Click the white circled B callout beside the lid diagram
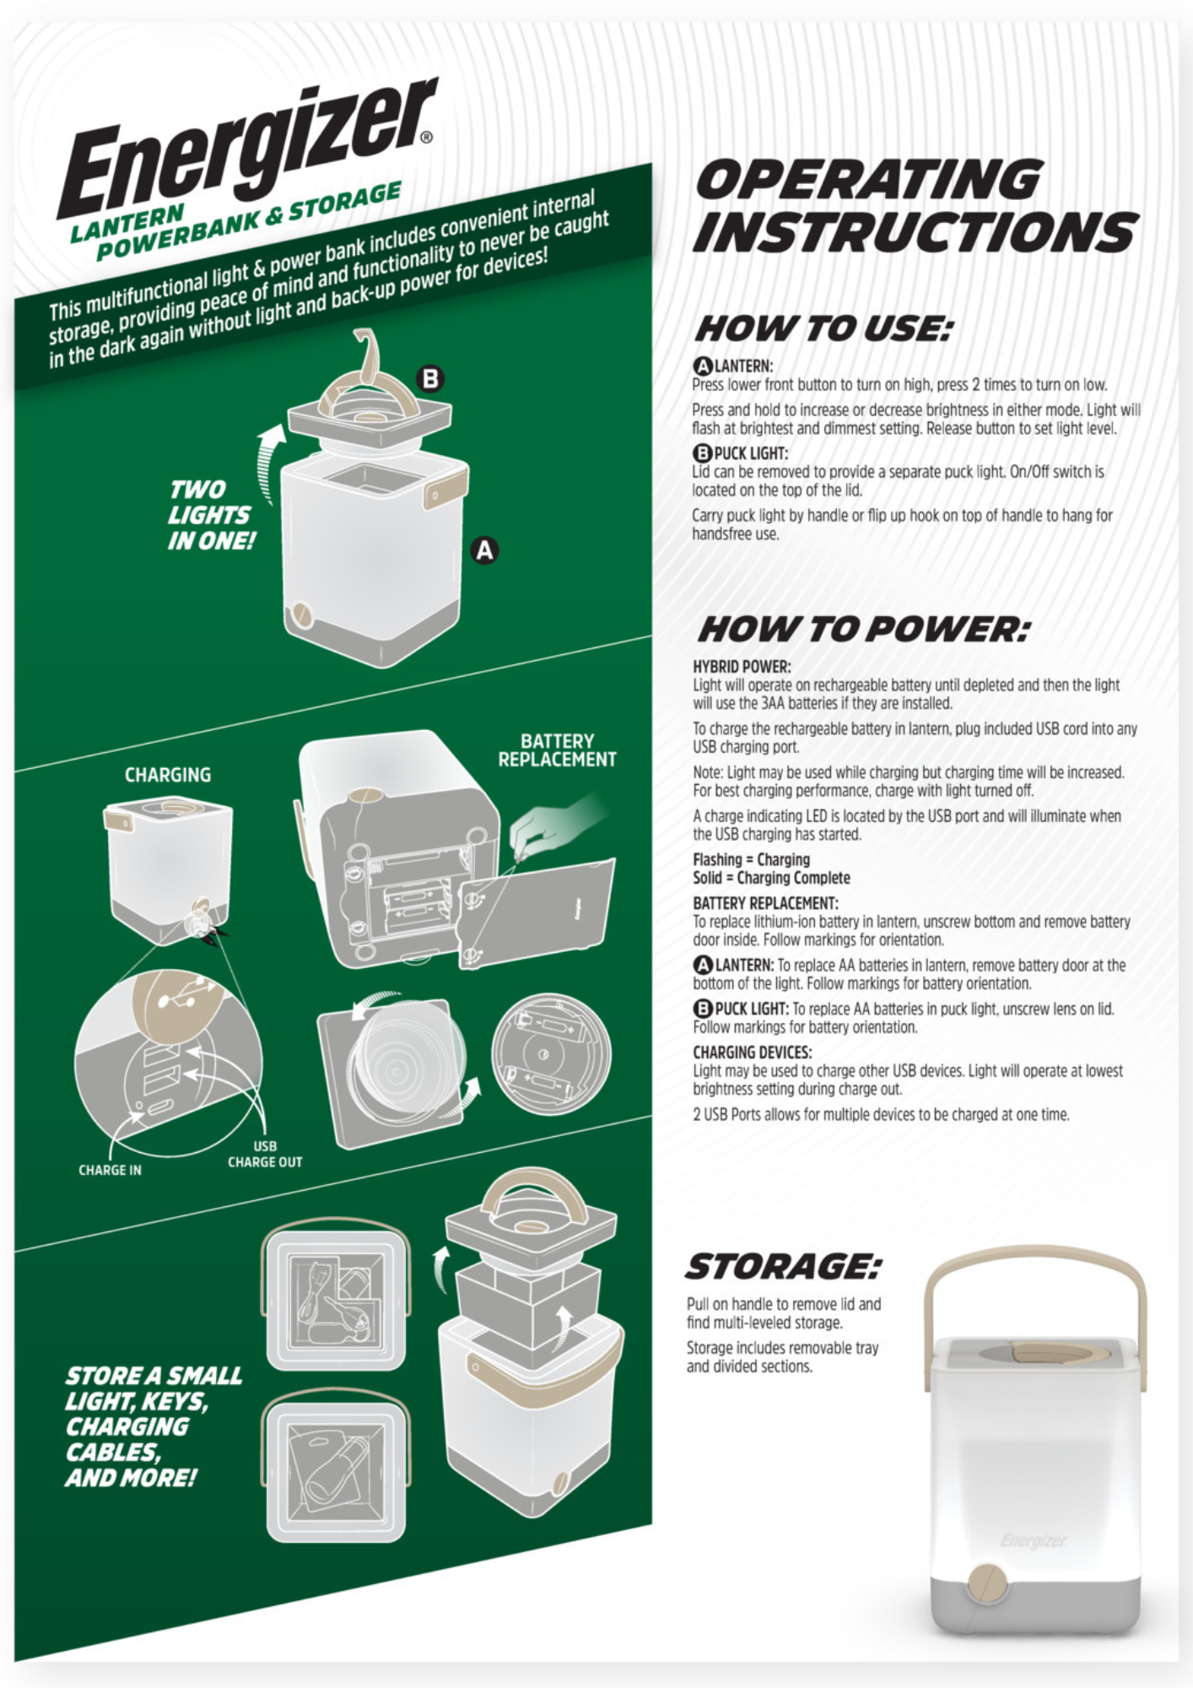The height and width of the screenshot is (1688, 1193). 431,379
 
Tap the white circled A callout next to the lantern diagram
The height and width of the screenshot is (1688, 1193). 484,550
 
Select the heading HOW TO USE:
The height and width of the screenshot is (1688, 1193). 823,328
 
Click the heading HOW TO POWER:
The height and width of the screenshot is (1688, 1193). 864,629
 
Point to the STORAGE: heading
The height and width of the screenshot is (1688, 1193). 782,1266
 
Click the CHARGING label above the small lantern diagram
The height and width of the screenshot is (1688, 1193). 168,775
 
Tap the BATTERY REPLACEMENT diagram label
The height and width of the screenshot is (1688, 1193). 557,750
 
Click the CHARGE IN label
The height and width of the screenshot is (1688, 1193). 110,1171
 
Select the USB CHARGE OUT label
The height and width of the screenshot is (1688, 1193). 265,1155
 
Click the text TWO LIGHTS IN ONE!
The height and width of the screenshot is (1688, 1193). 210,516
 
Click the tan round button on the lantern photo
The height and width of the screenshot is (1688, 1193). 988,1583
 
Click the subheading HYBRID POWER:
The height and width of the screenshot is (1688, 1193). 742,667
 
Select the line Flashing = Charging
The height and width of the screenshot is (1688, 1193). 751,859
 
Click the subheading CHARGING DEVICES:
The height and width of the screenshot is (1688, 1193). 752,1052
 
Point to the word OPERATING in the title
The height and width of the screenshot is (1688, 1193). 869,179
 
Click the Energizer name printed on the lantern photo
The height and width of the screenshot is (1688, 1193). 1034,1541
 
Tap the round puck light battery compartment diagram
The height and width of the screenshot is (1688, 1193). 552,1054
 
